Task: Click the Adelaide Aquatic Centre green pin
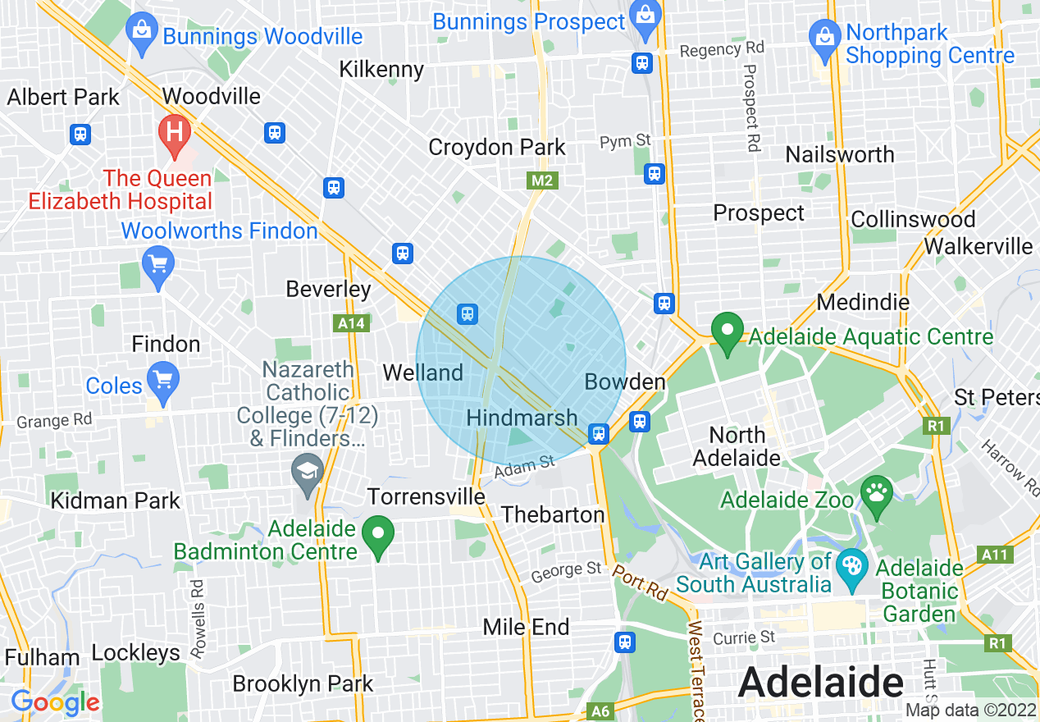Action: pos(726,331)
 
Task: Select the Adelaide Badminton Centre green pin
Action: pos(378,535)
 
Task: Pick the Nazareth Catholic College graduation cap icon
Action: pos(308,472)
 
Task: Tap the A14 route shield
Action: pos(352,323)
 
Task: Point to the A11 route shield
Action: pos(995,555)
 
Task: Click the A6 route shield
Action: pos(600,711)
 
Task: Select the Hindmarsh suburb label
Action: pos(522,418)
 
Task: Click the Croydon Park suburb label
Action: pos(497,147)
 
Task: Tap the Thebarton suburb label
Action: pos(553,514)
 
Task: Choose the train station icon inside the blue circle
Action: pos(468,313)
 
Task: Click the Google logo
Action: pos(55,702)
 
